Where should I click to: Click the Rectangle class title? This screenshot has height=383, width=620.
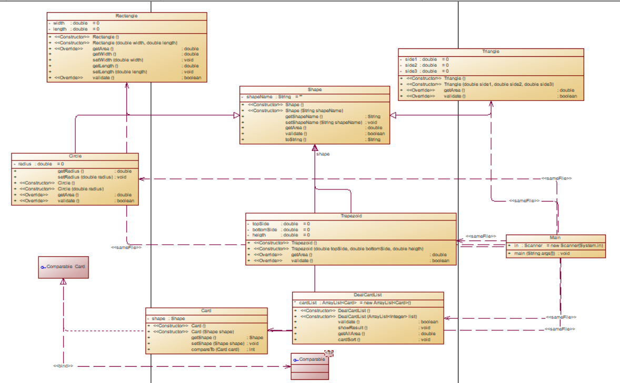point(126,16)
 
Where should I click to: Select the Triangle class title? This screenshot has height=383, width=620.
point(491,52)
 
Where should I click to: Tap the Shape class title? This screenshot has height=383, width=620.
point(315,90)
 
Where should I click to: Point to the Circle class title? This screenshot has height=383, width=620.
point(75,156)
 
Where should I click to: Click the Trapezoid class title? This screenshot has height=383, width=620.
point(351,216)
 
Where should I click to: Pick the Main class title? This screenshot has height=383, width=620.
point(555,238)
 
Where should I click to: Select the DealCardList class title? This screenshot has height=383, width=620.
point(367,296)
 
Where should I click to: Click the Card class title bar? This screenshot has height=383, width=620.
point(206,311)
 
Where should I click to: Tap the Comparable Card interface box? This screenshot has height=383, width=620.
point(63,267)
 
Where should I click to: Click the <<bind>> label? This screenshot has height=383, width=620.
point(63,366)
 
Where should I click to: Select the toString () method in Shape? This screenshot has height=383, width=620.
point(296,140)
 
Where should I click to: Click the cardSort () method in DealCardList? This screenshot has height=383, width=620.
point(349,340)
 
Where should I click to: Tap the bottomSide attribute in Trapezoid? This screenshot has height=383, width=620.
point(265,229)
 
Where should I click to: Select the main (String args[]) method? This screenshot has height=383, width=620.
point(535,254)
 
